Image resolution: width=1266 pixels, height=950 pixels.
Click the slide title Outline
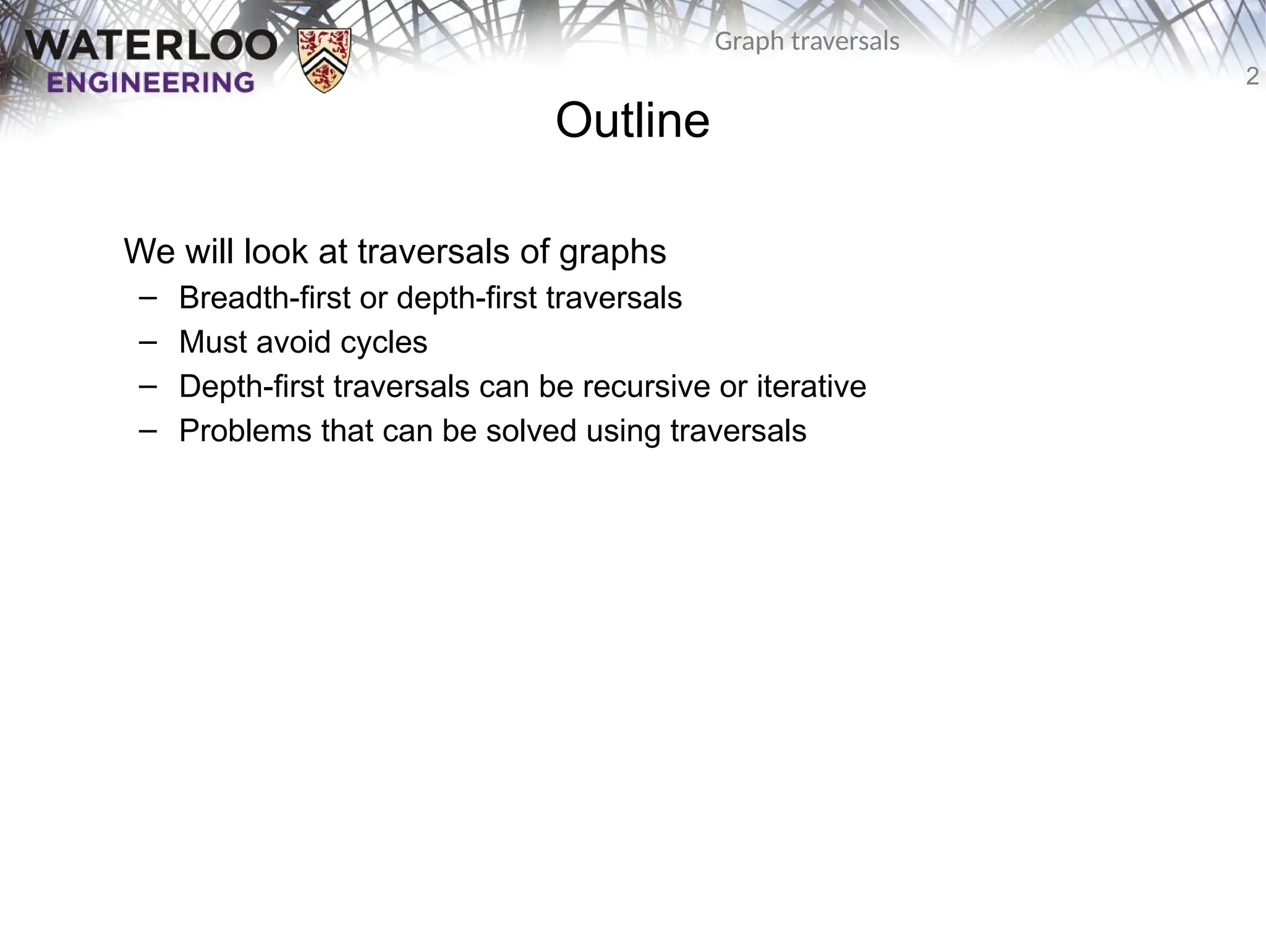pyautogui.click(x=632, y=121)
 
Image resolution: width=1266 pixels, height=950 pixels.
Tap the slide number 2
pyautogui.click(x=1252, y=77)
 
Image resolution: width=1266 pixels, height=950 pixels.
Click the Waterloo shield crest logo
pyautogui.click(x=325, y=60)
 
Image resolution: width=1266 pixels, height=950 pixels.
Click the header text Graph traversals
pyautogui.click(x=807, y=41)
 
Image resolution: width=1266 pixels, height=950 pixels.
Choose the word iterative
pyautogui.click(x=811, y=387)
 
